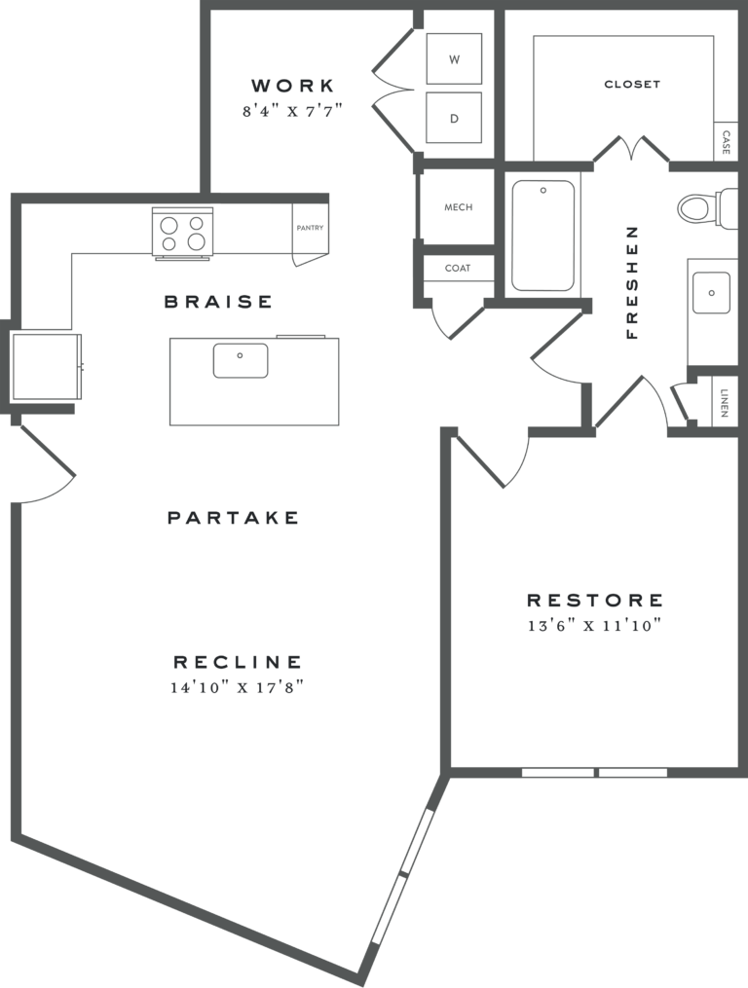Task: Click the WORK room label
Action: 292,86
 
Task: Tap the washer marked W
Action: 454,59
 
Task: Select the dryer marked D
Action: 454,118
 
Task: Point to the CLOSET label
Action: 632,85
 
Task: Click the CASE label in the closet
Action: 727,144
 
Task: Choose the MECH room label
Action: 458,207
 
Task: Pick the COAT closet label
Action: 458,268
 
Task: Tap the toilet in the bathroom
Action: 697,206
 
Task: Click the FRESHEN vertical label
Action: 632,282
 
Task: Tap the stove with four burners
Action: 182,234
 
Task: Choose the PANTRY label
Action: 309,230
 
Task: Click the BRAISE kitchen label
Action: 218,302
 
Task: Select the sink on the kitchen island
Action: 241,360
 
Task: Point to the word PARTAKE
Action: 234,518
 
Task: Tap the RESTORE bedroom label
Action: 595,601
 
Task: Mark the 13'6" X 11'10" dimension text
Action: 595,626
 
